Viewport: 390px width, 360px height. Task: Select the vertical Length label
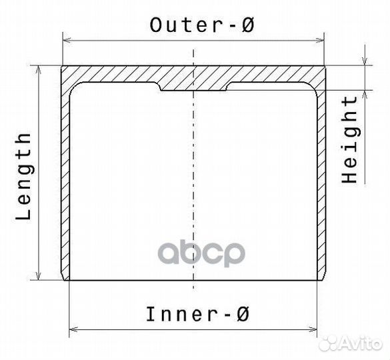(x=24, y=177)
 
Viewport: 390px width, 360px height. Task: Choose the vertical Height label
(x=349, y=140)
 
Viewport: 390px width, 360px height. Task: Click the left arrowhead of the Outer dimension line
(x=67, y=40)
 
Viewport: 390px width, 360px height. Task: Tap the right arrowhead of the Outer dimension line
(x=320, y=40)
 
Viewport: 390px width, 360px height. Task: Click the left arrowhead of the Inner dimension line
(x=73, y=329)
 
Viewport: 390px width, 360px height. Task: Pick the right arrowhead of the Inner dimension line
(x=313, y=329)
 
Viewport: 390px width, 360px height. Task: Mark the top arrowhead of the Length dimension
(x=38, y=70)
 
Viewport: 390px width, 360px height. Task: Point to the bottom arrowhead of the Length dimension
(x=38, y=275)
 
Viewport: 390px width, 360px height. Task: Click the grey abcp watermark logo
(x=201, y=253)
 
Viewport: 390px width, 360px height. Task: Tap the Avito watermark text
(x=361, y=344)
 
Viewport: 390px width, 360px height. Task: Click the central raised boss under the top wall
(x=193, y=86)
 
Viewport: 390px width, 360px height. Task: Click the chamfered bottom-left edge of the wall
(x=64, y=277)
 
